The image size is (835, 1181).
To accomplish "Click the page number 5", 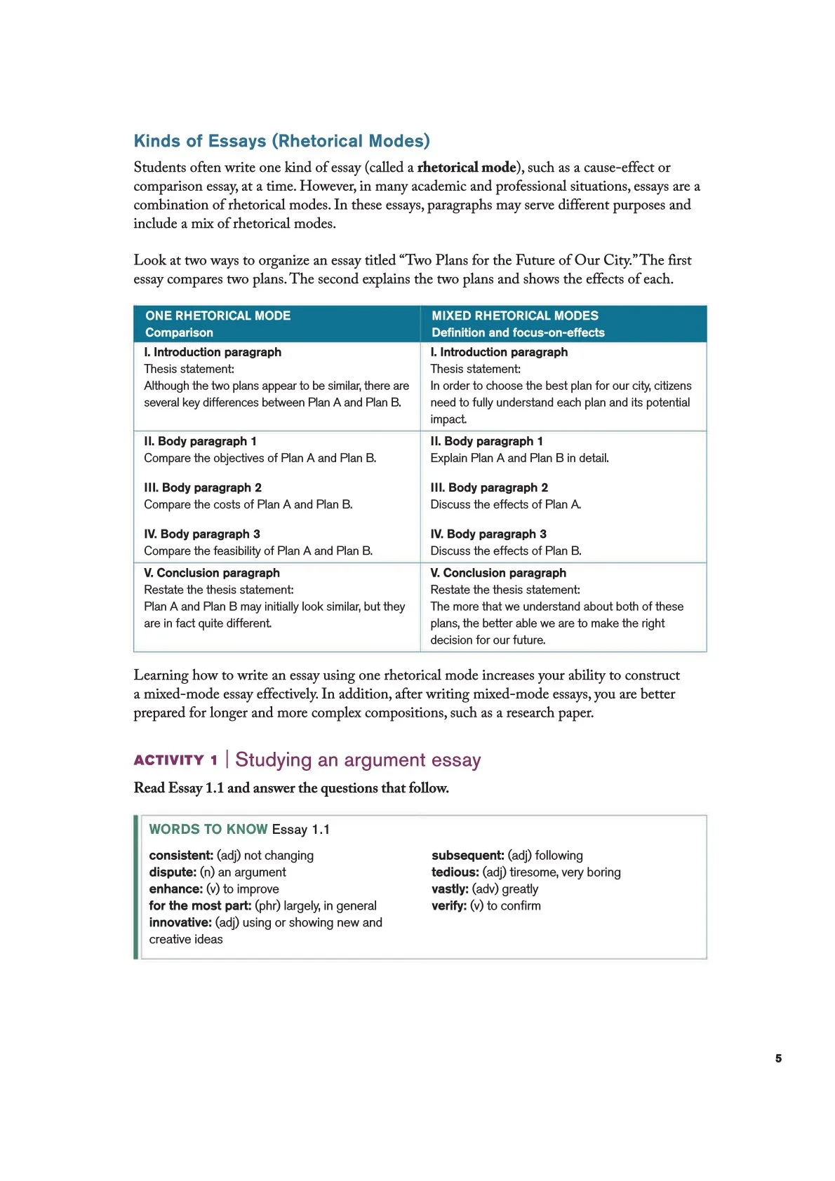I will point(778,1058).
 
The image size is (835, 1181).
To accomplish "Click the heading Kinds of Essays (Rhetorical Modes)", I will point(281,141).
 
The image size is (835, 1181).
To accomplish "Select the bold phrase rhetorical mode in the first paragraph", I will point(467,168).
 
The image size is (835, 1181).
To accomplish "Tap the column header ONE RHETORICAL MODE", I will point(218,316).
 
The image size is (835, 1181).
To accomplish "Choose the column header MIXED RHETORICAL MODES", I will point(514,316).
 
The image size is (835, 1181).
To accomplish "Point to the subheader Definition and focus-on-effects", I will point(517,332).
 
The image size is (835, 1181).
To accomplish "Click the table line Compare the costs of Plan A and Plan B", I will point(248,504).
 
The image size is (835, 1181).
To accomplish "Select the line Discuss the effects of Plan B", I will point(505,551).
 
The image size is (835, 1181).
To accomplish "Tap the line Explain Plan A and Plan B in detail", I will point(519,458).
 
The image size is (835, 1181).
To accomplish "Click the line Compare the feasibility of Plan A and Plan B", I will point(258,551).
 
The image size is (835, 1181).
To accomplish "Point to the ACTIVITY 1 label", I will point(175,760).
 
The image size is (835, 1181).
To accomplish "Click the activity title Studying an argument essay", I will point(358,760).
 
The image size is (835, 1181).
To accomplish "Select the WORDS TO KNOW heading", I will point(208,829).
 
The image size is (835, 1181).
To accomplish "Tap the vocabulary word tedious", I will point(455,872).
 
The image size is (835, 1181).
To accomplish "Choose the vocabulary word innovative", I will point(180,922).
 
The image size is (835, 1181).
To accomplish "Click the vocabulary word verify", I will point(448,905).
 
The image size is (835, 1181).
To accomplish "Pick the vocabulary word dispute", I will point(173,872).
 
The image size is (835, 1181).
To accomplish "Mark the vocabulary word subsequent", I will point(467,855).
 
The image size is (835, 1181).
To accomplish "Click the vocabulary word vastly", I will point(450,889).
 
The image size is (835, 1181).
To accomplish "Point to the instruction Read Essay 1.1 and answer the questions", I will point(291,788).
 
